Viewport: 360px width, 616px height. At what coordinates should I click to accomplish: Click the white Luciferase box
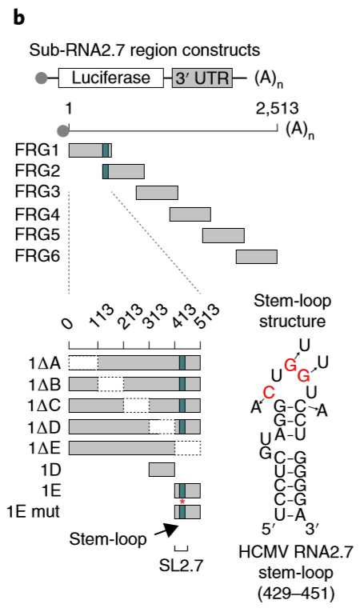(x=111, y=78)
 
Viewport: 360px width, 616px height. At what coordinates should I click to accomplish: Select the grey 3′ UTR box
(x=202, y=78)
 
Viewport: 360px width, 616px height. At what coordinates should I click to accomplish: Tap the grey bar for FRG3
(x=158, y=193)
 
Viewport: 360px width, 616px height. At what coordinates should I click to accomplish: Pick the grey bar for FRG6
(x=257, y=257)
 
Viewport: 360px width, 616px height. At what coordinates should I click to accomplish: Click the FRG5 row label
(x=38, y=235)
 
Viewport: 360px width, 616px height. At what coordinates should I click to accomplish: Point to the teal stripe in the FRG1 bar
(x=106, y=150)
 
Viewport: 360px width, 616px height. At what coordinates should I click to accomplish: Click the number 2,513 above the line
(x=278, y=109)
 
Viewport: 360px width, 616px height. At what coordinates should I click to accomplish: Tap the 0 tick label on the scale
(x=68, y=324)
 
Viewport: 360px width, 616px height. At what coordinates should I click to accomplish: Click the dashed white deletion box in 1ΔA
(x=83, y=362)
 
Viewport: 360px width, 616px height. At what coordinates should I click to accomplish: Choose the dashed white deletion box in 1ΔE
(x=188, y=447)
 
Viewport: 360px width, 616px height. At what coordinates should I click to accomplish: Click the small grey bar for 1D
(x=162, y=470)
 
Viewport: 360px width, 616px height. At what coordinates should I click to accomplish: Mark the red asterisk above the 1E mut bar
(x=182, y=502)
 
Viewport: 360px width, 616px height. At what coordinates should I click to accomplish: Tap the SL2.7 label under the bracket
(x=181, y=566)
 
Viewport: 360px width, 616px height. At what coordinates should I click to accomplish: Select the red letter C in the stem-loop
(x=269, y=393)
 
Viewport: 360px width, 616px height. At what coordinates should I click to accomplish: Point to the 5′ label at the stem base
(x=270, y=530)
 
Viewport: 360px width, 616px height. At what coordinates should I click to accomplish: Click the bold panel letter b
(x=19, y=17)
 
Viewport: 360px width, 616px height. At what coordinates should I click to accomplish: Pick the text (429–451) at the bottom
(x=296, y=594)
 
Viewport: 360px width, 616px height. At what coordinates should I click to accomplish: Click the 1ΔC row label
(x=45, y=406)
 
